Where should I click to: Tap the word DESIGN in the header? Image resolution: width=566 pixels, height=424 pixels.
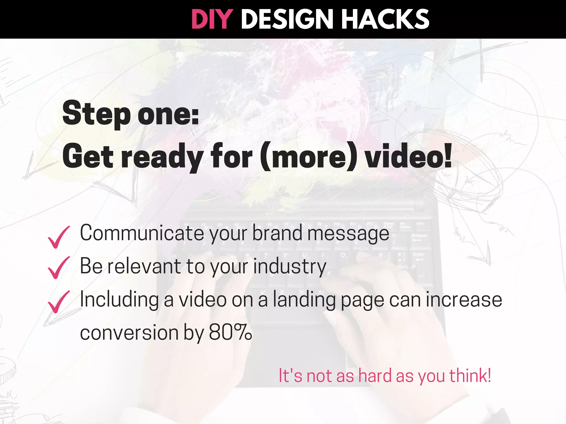tap(287, 19)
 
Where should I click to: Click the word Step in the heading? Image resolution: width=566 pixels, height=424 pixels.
tap(96, 113)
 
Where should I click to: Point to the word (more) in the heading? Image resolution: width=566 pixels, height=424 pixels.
tap(308, 156)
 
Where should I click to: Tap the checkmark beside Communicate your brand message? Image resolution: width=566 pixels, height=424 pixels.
tap(58, 237)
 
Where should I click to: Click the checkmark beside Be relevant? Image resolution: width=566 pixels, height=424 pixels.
tap(58, 267)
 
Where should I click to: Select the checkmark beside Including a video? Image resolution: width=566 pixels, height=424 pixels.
tap(58, 302)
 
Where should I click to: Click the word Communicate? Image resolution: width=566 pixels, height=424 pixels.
tap(142, 233)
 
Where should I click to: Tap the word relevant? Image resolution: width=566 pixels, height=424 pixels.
tap(144, 266)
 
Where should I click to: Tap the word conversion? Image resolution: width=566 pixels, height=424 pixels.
tap(129, 333)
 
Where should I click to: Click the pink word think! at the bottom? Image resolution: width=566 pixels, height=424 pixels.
tap(470, 376)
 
